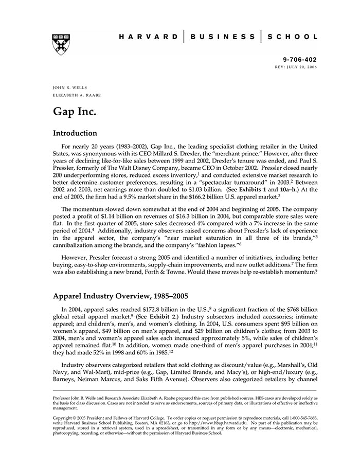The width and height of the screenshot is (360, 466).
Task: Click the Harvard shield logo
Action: [61, 44]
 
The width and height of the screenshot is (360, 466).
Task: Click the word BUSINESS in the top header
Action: [222, 37]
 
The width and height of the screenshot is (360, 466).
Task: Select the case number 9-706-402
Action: [300, 60]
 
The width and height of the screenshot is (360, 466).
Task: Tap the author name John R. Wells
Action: [67, 87]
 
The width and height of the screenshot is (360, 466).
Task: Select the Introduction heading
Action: [75, 133]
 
